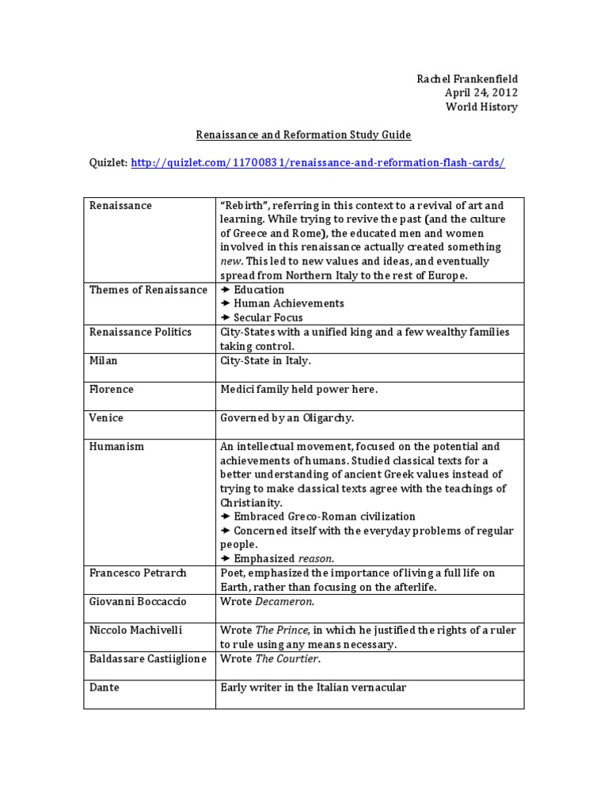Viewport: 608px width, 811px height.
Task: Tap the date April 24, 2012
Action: [481, 92]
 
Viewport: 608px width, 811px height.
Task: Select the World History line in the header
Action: [481, 106]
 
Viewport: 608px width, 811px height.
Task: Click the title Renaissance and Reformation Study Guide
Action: [303, 135]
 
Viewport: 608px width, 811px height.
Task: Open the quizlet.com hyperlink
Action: [317, 162]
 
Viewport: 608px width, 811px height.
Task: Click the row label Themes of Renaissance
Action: [148, 290]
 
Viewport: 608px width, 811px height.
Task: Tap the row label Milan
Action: [104, 360]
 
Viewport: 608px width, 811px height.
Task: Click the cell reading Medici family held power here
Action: [299, 389]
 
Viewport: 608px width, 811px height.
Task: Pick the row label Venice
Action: [106, 417]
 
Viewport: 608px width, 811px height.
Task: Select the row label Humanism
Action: [116, 447]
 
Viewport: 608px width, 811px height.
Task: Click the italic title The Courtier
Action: [287, 659]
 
